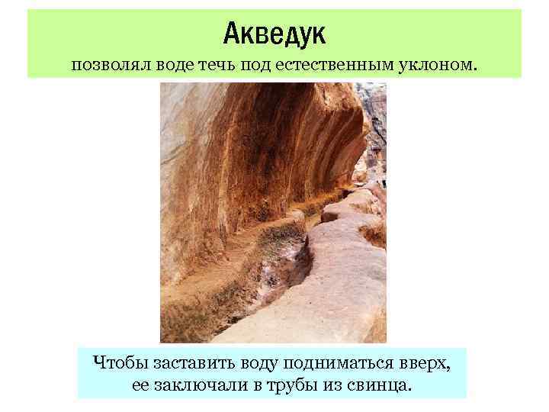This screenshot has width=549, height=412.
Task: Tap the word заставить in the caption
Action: point(186,361)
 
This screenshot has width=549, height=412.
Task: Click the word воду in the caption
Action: point(252,361)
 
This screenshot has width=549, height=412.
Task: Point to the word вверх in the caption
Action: point(426,361)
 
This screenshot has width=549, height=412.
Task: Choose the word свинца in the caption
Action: point(378,385)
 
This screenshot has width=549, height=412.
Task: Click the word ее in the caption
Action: point(140,385)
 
